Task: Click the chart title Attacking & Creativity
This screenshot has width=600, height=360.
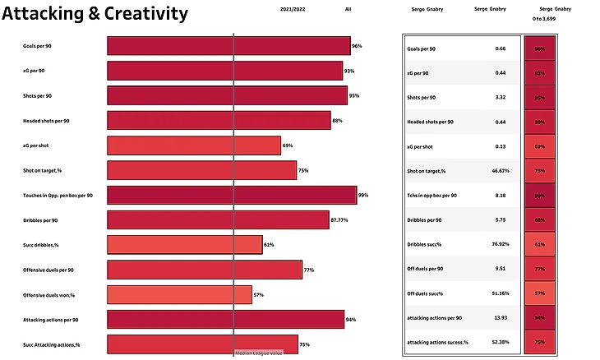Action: [95, 14]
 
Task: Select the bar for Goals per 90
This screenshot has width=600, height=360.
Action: [228, 46]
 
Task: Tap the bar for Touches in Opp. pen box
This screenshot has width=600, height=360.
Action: [232, 195]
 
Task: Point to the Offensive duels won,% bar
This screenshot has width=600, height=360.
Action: [179, 294]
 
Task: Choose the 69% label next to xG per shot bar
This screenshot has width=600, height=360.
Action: [288, 145]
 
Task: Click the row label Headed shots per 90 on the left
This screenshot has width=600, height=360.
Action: [46, 121]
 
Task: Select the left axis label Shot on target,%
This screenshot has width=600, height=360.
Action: [44, 170]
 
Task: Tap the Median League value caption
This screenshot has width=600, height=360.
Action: [259, 353]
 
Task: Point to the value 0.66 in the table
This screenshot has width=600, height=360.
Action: [500, 48]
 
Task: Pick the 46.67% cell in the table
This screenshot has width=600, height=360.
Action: [500, 171]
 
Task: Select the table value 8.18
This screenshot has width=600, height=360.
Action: [500, 196]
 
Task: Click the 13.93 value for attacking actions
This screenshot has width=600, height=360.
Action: [500, 317]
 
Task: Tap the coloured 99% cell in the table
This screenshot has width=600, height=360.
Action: [539, 196]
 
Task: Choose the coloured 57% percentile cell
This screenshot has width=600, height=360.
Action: [539, 293]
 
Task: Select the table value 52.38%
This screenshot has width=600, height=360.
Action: [500, 342]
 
